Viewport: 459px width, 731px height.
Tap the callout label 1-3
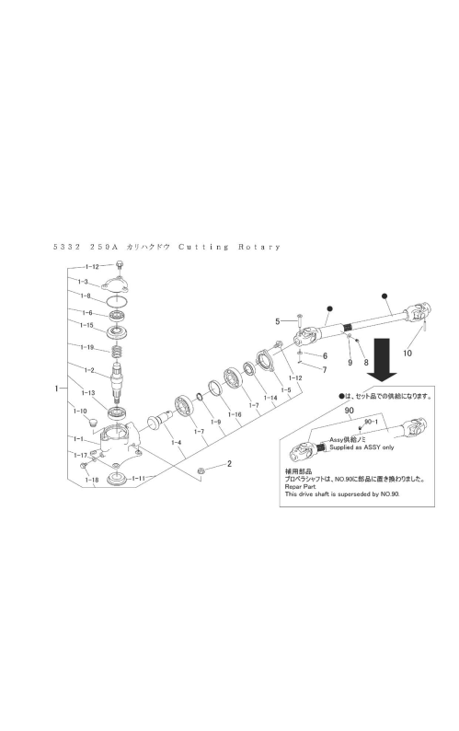(x=83, y=282)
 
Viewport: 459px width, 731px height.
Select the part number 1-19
(x=87, y=347)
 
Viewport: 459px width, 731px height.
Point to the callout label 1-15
(x=87, y=325)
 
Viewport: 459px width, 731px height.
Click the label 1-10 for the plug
(x=80, y=411)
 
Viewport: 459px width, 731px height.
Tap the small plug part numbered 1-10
(x=93, y=423)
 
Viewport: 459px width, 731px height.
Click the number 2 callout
(x=229, y=463)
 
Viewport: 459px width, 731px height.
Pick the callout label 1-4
(x=176, y=442)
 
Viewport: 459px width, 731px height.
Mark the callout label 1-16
(x=235, y=414)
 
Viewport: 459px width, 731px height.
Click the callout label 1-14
(x=270, y=398)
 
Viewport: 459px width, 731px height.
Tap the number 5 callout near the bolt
(x=277, y=321)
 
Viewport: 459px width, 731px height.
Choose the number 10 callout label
(x=407, y=353)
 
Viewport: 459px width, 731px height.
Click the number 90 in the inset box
(x=350, y=411)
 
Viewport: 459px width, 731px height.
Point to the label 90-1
(x=371, y=422)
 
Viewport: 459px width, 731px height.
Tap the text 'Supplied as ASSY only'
(x=361, y=447)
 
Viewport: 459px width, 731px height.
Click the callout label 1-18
(x=91, y=480)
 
